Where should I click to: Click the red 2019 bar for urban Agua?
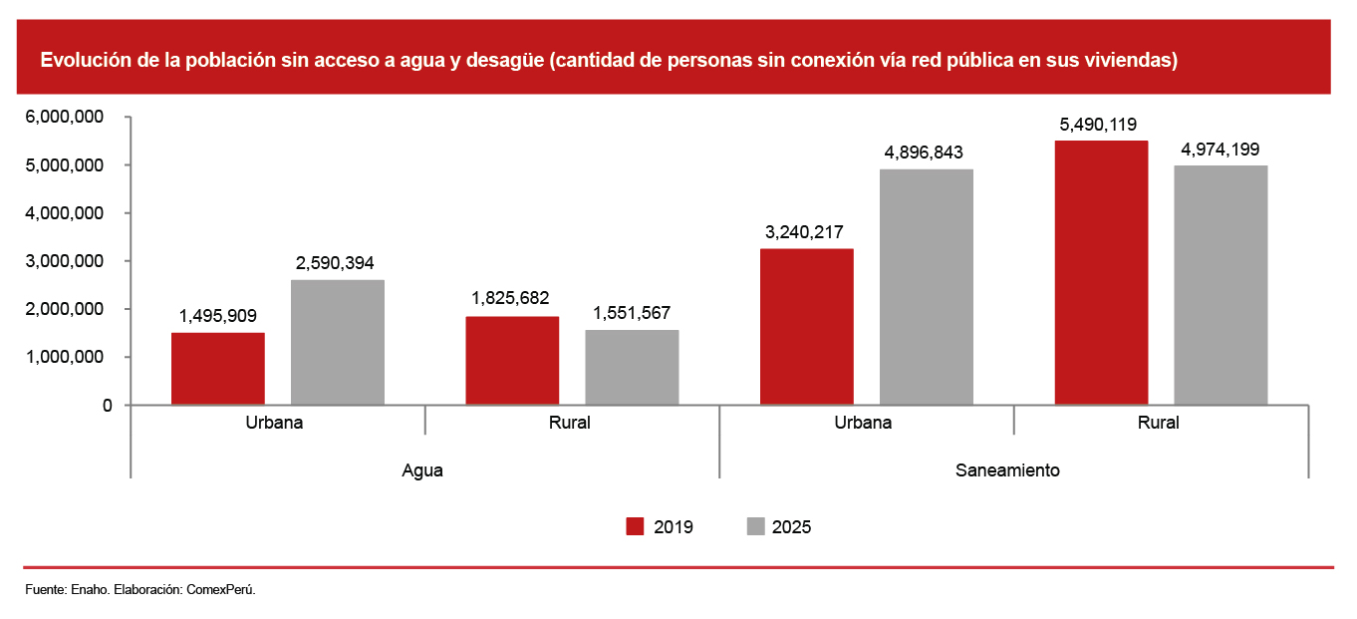(218, 369)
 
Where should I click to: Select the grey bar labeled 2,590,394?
(338, 342)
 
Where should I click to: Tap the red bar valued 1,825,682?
(512, 361)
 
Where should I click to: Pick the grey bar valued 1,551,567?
(632, 368)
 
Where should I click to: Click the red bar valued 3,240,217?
(807, 327)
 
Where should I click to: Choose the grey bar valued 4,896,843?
(927, 287)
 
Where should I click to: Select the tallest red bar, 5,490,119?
(1101, 273)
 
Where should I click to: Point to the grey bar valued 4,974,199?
(1221, 285)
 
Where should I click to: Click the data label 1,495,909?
(218, 316)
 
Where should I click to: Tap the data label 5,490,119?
(1098, 125)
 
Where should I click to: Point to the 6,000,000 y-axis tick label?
(64, 117)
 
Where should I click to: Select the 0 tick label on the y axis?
(108, 406)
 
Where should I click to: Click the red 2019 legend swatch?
(635, 526)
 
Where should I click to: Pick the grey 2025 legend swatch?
(755, 526)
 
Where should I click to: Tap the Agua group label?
(422, 471)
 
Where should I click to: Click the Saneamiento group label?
(1007, 470)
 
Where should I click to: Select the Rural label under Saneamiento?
(1159, 423)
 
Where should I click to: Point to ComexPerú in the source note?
(220, 589)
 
